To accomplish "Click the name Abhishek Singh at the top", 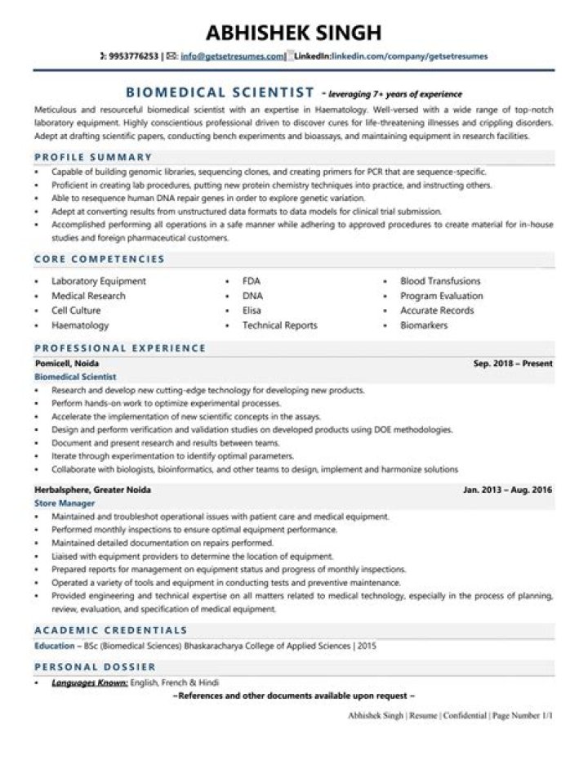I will click(x=293, y=32).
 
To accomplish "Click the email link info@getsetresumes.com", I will click(x=232, y=56).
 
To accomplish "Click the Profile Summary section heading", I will click(x=93, y=157).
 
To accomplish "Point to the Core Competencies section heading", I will click(x=99, y=259).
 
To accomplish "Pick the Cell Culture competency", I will click(x=76, y=311).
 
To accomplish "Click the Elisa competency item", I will click(x=252, y=311).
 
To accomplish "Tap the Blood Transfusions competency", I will click(x=440, y=281).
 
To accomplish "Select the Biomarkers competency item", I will click(x=425, y=325).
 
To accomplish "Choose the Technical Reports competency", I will click(x=279, y=325).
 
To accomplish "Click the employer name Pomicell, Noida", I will click(x=68, y=363).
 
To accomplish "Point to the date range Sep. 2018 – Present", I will click(x=513, y=363).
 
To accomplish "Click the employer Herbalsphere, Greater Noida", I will click(x=92, y=489).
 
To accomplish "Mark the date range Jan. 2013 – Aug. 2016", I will click(x=507, y=489).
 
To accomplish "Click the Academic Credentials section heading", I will click(x=110, y=630).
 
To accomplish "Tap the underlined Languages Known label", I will click(x=89, y=683).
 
